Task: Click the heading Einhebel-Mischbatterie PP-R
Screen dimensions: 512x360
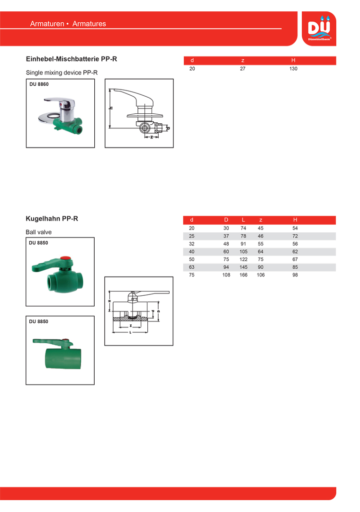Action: (71, 59)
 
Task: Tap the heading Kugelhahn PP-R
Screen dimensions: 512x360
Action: (52, 219)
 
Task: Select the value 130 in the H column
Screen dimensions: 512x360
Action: (293, 69)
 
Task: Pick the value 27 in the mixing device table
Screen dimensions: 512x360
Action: (243, 69)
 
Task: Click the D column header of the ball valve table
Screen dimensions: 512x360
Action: (226, 220)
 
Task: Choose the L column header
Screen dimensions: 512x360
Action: (243, 220)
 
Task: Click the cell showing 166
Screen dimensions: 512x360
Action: (243, 275)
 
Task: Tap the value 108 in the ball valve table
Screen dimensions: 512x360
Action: (226, 275)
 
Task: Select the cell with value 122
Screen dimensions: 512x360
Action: (243, 259)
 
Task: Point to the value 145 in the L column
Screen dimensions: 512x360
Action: (243, 267)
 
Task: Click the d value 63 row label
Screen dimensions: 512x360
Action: (192, 267)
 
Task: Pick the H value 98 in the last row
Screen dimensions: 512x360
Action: (295, 275)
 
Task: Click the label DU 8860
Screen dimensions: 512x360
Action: (39, 84)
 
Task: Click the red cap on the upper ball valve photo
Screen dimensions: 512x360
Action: (67, 260)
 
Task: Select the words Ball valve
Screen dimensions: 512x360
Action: (39, 232)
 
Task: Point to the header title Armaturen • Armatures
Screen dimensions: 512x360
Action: (68, 24)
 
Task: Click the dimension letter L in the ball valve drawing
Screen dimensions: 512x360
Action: (130, 332)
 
